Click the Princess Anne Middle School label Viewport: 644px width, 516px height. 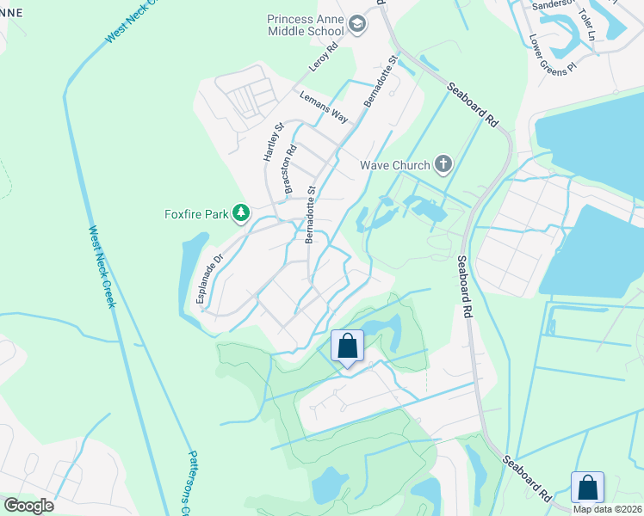click(x=307, y=25)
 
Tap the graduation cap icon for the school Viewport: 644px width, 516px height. click(x=358, y=26)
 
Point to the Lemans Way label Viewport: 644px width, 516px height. click(x=323, y=107)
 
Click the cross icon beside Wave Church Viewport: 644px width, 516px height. click(x=443, y=163)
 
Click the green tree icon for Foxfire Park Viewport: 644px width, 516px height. click(x=243, y=212)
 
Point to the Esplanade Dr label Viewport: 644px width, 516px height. click(x=209, y=278)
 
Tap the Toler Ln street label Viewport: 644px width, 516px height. click(x=587, y=25)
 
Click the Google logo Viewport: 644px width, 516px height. click(x=28, y=506)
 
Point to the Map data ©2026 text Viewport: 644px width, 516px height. click(x=607, y=509)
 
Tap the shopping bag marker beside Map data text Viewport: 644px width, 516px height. click(x=587, y=487)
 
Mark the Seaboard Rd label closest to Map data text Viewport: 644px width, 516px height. click(x=528, y=480)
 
